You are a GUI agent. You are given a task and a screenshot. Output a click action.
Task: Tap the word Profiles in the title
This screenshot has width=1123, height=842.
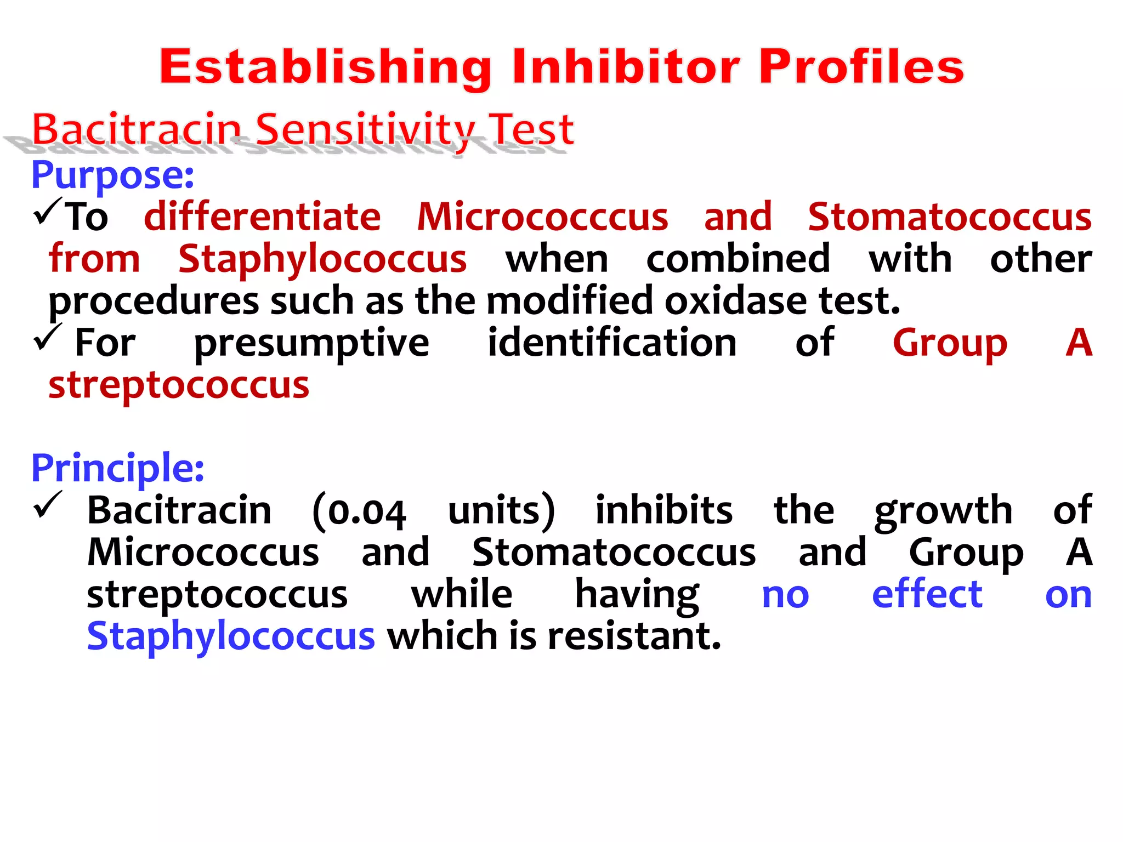pos(861,67)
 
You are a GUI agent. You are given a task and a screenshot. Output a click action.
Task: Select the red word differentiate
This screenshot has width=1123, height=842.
pos(262,217)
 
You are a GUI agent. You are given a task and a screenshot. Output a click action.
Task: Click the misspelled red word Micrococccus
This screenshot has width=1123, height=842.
pos(542,217)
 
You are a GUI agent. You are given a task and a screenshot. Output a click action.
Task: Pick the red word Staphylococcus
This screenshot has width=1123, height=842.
pos(322,259)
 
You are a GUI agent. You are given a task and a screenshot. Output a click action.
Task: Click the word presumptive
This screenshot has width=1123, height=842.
pos(311,343)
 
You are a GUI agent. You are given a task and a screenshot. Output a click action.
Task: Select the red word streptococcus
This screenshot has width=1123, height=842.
pos(179,385)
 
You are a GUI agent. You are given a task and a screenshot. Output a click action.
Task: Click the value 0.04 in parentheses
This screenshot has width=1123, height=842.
pos(366,512)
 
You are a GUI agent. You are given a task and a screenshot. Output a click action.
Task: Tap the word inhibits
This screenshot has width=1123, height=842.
pos(663,510)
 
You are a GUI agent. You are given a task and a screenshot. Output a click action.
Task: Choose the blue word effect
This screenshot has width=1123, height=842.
pos(927,594)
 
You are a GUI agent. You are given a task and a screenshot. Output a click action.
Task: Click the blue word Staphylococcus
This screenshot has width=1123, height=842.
pos(231,636)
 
